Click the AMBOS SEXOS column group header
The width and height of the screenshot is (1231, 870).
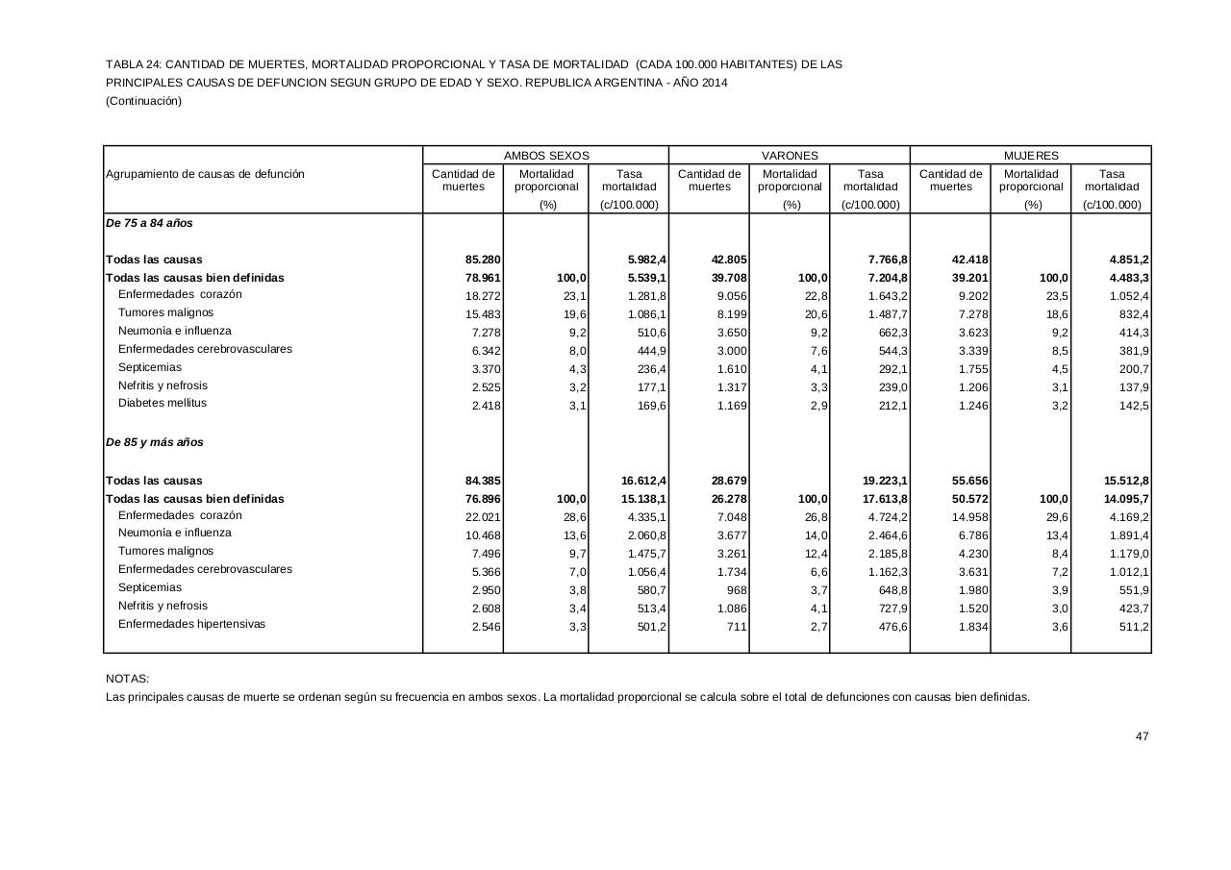coord(546,155)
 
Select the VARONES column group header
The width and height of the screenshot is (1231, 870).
coord(790,155)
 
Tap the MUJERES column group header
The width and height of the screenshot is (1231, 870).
coord(1031,155)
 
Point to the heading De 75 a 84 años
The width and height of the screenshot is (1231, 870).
coord(149,223)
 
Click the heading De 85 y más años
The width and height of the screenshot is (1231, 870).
coord(155,442)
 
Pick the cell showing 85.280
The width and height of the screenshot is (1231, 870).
coord(483,260)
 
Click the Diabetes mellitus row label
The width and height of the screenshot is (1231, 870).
coord(163,404)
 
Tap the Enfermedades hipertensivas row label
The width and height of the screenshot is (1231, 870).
coord(191,624)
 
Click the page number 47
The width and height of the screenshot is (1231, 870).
coord(1142,736)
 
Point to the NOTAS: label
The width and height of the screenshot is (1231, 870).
coord(128,679)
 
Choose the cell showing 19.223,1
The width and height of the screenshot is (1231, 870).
coord(880,481)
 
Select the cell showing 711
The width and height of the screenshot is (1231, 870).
coord(735,626)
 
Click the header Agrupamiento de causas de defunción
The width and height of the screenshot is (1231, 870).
coord(205,174)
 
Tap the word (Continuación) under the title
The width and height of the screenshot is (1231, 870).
coord(143,101)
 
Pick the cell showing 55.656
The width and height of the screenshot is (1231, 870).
coord(969,481)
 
